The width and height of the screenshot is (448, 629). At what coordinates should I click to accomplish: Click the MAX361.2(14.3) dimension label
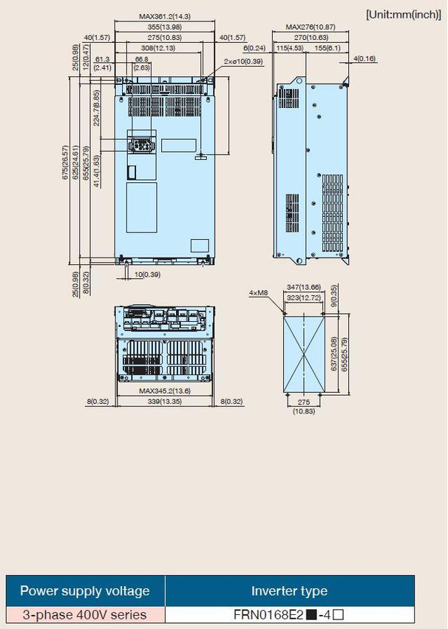point(165,16)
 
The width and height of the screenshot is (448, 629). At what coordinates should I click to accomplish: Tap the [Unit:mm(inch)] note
point(403,15)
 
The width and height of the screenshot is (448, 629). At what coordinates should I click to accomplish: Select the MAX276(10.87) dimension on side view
point(310,27)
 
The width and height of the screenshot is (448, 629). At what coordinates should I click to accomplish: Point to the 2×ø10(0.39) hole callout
point(243,61)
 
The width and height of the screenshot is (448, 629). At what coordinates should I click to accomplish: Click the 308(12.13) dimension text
point(158,48)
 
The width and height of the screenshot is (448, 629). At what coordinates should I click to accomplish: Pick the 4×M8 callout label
point(258,293)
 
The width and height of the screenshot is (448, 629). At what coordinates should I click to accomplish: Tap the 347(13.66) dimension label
point(304,287)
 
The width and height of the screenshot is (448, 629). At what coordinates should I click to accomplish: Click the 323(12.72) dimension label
point(304,297)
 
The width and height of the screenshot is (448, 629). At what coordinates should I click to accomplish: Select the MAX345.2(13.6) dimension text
point(165,391)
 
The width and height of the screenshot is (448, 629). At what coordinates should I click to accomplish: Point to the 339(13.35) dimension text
point(165,401)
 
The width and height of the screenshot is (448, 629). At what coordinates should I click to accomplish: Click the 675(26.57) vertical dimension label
point(65,162)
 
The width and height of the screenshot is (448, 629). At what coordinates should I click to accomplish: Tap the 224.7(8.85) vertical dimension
point(97,108)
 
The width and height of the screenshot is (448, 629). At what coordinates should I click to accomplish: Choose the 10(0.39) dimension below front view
point(147,275)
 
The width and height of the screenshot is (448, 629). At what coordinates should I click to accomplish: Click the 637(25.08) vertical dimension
point(334,354)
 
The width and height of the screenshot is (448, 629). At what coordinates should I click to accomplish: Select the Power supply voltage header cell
point(85,591)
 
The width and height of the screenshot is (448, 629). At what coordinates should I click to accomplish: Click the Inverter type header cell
point(289,591)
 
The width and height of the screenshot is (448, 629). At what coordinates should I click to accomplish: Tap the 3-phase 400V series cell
point(85,614)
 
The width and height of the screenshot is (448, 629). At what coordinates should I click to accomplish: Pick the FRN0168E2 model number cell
point(289,614)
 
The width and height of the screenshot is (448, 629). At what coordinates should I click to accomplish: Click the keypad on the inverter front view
point(140,145)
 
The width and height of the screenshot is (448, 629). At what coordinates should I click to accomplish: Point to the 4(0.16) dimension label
point(364,58)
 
